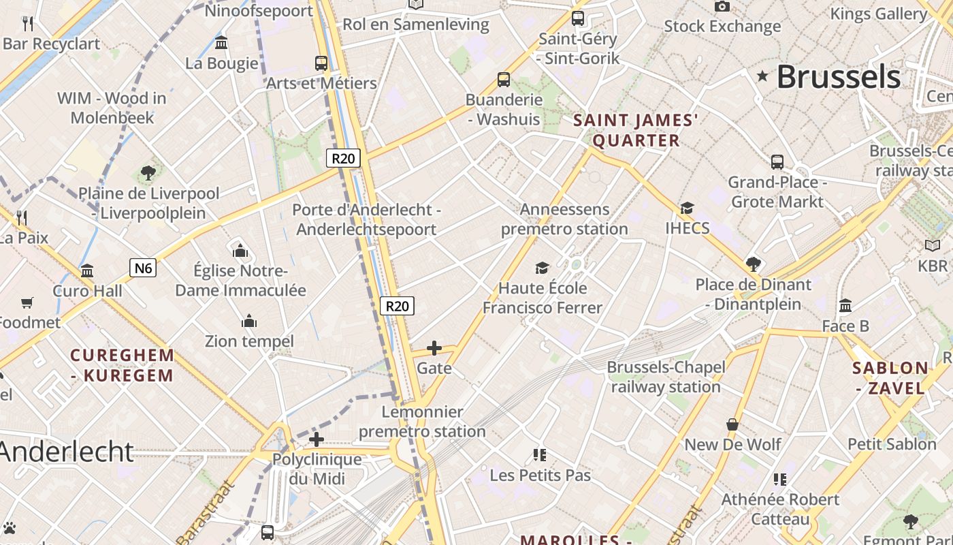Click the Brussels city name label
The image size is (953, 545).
[838, 76]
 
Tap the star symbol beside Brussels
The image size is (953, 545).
[762, 76]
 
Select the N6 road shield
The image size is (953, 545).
[143, 268]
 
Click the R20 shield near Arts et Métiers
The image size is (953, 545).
[342, 159]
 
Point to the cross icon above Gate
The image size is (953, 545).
[434, 348]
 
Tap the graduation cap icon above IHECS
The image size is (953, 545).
[687, 208]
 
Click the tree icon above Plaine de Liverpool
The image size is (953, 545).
[148, 173]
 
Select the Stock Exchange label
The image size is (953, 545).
[722, 27]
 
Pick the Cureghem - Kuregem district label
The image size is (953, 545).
[123, 365]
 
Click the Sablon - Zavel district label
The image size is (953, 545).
[890, 378]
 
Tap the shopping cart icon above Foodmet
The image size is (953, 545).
[27, 302]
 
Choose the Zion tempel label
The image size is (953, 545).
[249, 341]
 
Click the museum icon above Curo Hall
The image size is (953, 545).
[87, 271]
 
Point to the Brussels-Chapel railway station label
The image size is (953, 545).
[665, 377]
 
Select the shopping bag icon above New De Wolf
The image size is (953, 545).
[732, 424]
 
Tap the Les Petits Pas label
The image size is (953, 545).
[540, 475]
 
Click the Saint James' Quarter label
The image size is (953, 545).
[636, 130]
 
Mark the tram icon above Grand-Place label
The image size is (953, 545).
[777, 162]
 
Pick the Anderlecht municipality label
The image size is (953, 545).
[67, 451]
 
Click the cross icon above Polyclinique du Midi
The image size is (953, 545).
[316, 439]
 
